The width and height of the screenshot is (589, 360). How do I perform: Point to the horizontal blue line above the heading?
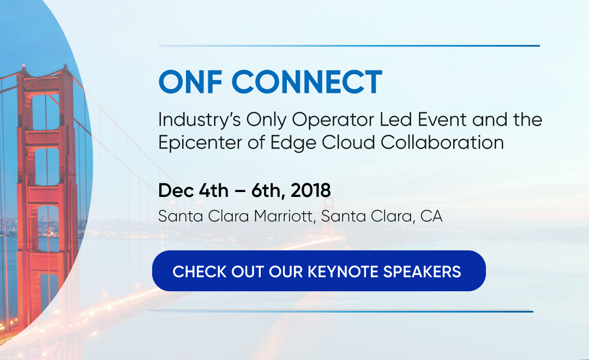(349, 46)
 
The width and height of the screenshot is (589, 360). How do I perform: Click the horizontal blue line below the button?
(341, 311)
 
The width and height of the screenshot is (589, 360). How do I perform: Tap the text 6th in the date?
(267, 191)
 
